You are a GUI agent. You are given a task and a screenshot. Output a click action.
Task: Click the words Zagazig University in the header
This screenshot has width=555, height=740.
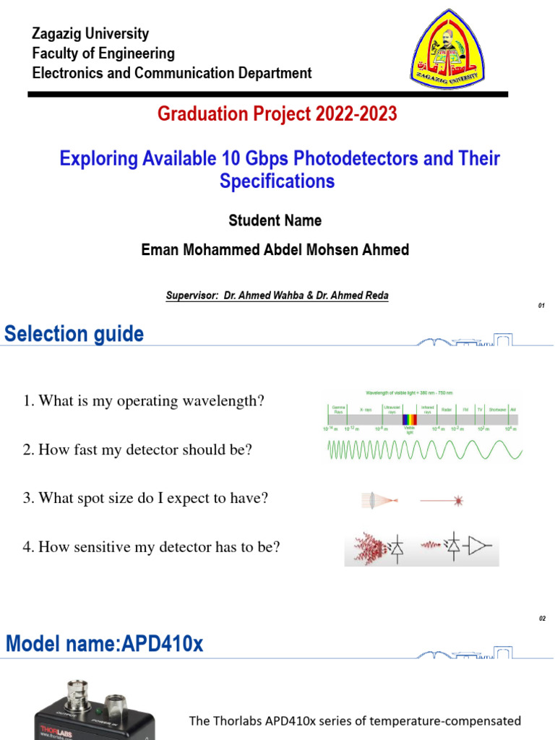[90, 33]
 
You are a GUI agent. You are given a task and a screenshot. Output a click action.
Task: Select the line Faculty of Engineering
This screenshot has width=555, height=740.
[103, 53]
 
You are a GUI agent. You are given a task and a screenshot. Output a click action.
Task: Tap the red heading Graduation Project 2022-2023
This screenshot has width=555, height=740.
[277, 114]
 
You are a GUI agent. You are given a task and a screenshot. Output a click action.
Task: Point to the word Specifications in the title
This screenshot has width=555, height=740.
[277, 181]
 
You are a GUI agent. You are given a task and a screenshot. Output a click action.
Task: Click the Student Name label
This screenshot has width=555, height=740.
[275, 220]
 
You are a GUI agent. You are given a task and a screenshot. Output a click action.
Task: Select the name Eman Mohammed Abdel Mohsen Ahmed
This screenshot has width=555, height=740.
[275, 250]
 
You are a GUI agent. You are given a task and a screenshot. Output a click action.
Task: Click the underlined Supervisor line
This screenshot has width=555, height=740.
[277, 296]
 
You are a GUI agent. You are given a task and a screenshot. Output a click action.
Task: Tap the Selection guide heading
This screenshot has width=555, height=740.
[74, 334]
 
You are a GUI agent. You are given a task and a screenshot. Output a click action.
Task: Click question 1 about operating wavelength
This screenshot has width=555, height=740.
[144, 401]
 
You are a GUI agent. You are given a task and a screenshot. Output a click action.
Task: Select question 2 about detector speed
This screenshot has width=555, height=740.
[137, 450]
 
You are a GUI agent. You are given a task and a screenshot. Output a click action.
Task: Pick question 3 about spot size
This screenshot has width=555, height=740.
[145, 499]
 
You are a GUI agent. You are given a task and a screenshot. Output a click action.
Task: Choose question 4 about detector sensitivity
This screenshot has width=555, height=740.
[151, 548]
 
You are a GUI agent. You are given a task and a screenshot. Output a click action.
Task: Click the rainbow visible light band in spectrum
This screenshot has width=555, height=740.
[410, 419]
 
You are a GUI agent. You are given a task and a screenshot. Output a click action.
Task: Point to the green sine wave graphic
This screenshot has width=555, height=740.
[425, 451]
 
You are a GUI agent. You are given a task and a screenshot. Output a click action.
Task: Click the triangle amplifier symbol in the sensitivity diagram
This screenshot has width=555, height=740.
[478, 548]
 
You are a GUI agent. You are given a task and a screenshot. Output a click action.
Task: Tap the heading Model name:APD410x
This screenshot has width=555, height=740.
[105, 644]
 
